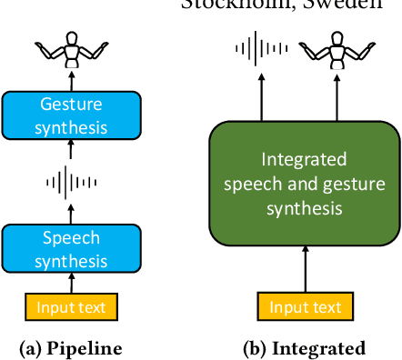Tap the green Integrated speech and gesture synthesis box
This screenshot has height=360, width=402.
click(305, 185)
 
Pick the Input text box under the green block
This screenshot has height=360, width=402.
click(306, 307)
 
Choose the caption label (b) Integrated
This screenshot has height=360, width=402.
click(306, 348)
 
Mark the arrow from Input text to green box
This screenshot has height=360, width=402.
click(306, 271)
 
